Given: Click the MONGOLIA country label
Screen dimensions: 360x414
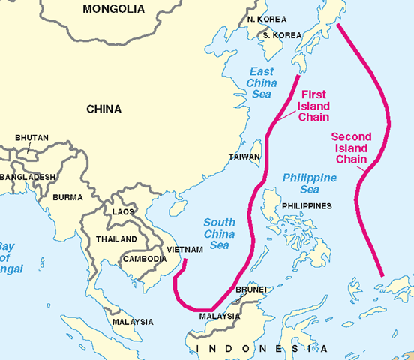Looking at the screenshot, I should point(114,10).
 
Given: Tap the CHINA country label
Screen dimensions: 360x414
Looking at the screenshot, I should point(103,109).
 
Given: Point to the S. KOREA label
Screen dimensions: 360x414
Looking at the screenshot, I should point(276,34).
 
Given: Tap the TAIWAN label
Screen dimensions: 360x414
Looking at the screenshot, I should point(244,157).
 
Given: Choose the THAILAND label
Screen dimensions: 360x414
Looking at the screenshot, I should point(116,239).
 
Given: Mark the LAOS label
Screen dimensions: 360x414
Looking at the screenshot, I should point(124,212).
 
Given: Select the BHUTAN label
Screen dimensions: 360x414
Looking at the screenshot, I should point(31,138).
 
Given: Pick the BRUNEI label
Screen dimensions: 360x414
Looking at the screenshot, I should point(250,289).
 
